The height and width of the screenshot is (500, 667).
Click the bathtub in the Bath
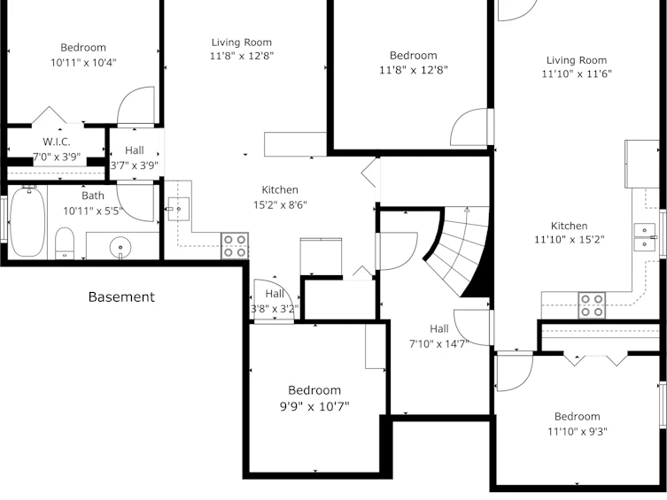[27, 221]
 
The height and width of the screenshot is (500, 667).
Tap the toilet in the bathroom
[65, 243]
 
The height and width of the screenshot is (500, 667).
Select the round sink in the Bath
[120, 247]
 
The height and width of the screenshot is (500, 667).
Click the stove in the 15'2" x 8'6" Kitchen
[235, 245]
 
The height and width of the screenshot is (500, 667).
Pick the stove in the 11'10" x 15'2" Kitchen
[592, 305]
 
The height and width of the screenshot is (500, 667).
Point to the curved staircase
[459, 250]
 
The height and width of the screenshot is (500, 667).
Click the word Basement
[121, 296]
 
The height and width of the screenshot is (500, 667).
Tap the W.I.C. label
[57, 142]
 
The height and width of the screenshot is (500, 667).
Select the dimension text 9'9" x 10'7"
[314, 406]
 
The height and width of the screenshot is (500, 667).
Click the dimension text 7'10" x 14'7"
[439, 343]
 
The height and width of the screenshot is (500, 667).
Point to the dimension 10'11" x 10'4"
[83, 63]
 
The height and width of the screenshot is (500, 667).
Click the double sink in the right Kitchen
[646, 237]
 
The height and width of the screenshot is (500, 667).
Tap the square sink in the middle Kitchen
[179, 209]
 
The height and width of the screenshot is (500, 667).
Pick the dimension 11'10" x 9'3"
[578, 432]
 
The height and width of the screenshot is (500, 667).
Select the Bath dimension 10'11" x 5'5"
[93, 211]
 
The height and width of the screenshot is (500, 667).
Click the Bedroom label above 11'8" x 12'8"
[414, 55]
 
